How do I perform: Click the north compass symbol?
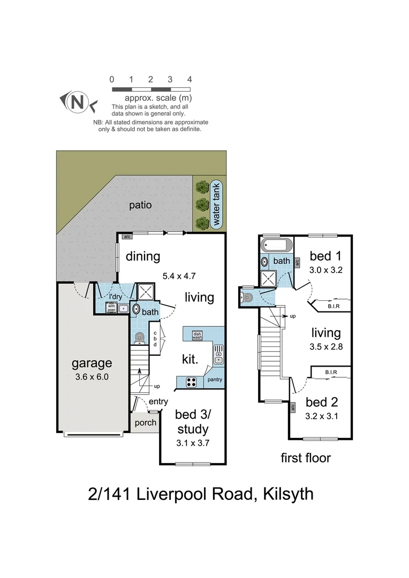point(78,102)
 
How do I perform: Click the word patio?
point(140,205)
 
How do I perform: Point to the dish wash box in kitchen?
point(197,336)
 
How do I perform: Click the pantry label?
point(215,379)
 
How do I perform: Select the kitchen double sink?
point(218,354)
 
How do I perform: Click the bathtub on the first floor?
point(276,246)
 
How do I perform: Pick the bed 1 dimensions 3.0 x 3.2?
point(325,270)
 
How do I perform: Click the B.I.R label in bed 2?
point(331,372)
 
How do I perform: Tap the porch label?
point(145,423)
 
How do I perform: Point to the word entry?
point(158,402)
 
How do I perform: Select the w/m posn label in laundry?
point(111,308)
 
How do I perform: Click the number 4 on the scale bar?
point(190,79)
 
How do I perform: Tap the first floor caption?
point(306,458)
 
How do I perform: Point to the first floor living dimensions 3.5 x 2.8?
point(326,346)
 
